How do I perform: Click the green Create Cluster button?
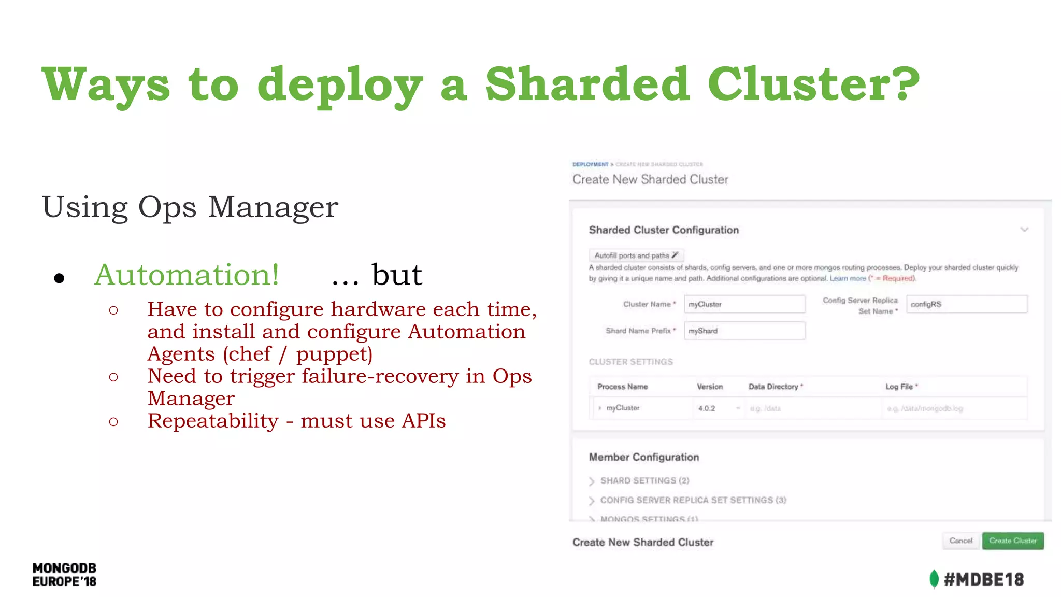click(1012, 541)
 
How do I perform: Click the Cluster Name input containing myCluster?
click(744, 304)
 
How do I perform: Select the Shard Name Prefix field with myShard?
click(744, 331)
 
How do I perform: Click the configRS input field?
click(966, 304)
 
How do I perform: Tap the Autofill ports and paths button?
click(636, 255)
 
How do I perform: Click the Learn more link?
click(848, 278)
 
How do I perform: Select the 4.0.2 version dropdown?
click(718, 408)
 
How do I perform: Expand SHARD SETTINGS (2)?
click(644, 481)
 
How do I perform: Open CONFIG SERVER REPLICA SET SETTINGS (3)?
click(693, 500)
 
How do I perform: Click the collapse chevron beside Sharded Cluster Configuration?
click(1024, 230)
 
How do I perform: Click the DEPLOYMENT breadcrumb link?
click(590, 164)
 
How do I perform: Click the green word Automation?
click(187, 275)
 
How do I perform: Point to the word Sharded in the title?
click(587, 84)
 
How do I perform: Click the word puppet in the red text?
click(334, 354)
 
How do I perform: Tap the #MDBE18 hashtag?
click(983, 579)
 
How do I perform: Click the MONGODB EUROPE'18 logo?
click(64, 575)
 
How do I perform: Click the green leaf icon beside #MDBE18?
click(934, 579)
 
